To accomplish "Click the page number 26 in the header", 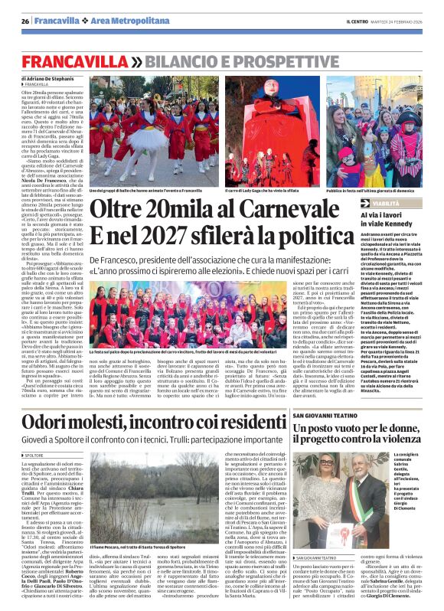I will (x=25, y=21).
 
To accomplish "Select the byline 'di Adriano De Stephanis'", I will (x=48, y=77).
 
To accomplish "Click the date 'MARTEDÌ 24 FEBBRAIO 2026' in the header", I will (x=402, y=21).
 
